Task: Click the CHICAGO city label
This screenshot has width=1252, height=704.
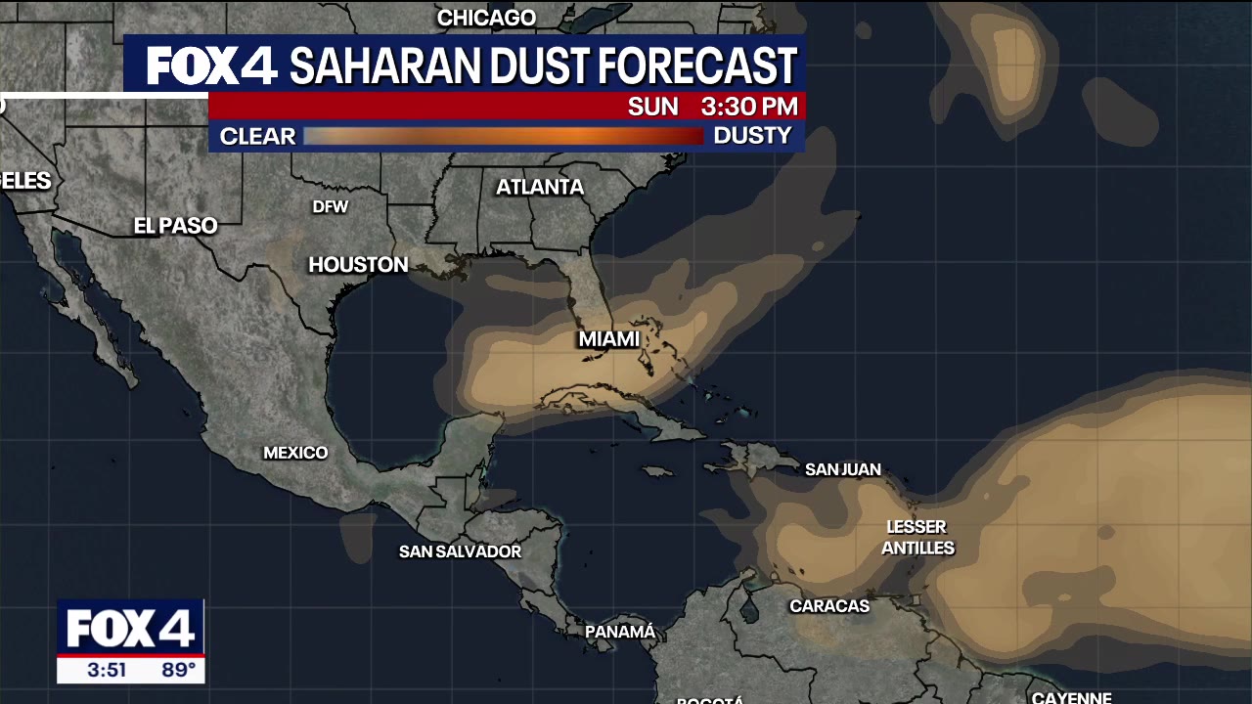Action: pos(486,18)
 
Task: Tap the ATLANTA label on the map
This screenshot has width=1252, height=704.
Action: pos(539,187)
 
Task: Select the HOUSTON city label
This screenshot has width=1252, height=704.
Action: pos(358,264)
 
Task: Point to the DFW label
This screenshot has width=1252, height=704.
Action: pos(330,206)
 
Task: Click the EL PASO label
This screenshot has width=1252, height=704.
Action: pos(175,226)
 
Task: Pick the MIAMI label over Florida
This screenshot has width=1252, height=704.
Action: pos(608,339)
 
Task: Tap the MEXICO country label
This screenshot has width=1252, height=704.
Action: pos(295,453)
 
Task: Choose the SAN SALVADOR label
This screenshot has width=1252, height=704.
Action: pos(460,551)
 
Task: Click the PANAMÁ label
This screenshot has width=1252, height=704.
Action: pos(620,632)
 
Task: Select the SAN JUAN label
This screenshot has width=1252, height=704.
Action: pos(842,469)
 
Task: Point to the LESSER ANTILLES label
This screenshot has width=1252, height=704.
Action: pos(917,537)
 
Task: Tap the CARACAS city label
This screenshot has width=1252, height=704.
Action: pos(829,606)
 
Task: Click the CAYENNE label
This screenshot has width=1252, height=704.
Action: pos(1071,697)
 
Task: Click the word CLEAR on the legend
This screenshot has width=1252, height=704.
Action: pos(257,136)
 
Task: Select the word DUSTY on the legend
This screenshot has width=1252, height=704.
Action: pos(752,136)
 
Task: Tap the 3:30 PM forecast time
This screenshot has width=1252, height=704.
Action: pos(749,107)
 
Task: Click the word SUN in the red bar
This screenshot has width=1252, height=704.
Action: pos(652,107)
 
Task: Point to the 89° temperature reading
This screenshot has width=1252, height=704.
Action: pos(178,671)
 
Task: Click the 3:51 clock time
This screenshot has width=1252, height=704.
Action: pos(106,671)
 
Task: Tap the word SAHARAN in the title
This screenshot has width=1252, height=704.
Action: pos(380,66)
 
